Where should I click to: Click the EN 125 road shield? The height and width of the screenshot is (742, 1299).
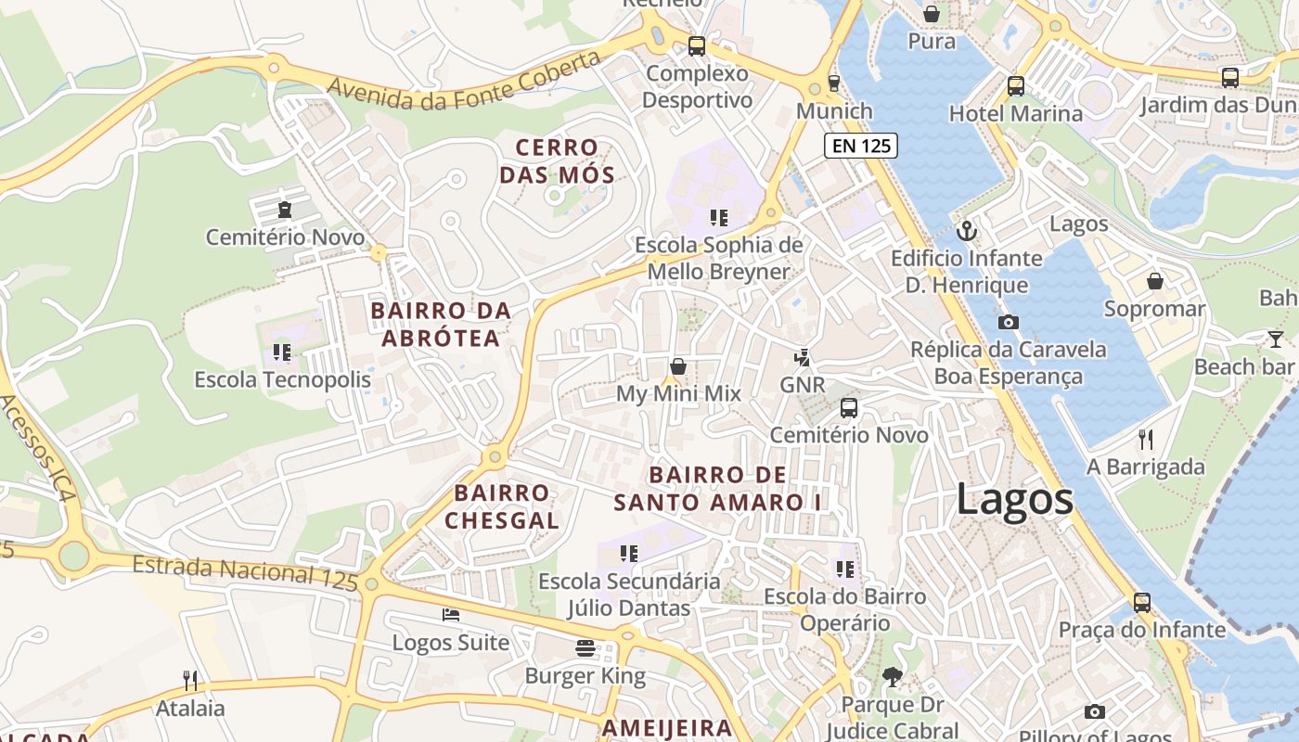pos(860,145)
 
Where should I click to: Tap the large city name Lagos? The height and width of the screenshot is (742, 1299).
pos(1014,500)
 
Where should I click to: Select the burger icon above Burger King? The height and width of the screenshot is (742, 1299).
pos(585,647)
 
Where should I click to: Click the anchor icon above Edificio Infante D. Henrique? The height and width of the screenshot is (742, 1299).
pos(967,229)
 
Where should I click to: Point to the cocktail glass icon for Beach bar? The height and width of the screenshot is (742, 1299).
pos(1276,339)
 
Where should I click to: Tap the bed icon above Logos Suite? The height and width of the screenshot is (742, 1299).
pos(450,614)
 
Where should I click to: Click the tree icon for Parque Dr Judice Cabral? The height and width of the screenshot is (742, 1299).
pos(892,677)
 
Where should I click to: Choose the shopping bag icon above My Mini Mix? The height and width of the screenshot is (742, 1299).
pos(678,365)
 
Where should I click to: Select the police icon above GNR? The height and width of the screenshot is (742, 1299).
pos(802,356)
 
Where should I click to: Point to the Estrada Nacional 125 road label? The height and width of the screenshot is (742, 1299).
pos(245,572)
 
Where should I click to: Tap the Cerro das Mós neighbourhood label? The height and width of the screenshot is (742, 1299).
pos(557,161)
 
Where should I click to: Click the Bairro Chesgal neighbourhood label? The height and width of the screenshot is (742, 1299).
pos(502,506)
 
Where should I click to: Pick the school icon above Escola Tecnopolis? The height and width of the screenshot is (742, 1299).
pos(282,352)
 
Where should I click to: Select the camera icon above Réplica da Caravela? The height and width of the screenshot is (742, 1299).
pos(1008,322)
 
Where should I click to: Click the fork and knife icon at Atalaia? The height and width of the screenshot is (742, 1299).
pos(190,680)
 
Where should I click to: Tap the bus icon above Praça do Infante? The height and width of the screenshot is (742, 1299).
pos(1141,602)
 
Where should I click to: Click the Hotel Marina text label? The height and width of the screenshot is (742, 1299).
pos(1015,114)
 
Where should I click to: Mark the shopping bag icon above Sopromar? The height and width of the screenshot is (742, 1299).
pos(1155,280)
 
